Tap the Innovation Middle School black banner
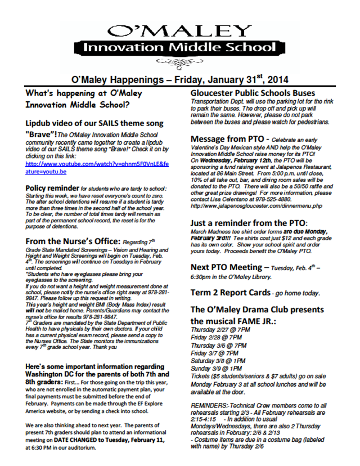pyautogui.click(x=179, y=47)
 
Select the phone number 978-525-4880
pyautogui.click(x=287, y=199)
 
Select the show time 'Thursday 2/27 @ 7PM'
pyautogui.click(x=219, y=329)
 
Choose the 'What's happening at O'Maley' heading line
pyautogui.click(x=84, y=93)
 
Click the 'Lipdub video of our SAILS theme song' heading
pyautogui.click(x=94, y=123)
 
